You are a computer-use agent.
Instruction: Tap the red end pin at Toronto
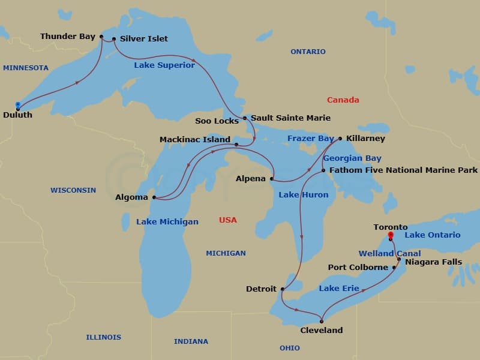391,236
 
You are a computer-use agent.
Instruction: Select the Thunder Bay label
68,37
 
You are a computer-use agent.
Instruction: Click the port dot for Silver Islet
114,38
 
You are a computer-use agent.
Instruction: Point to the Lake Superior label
164,65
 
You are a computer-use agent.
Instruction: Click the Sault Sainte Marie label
290,118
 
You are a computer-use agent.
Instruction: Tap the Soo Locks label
217,121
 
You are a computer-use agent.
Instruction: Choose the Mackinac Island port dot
236,145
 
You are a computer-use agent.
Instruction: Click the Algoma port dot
154,197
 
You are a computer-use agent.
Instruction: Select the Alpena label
251,179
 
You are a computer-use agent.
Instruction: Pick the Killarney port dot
340,139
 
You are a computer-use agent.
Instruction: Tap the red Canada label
343,100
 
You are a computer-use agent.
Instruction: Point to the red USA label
227,220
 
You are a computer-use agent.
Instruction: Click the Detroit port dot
282,289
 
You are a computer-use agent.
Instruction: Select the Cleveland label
322,330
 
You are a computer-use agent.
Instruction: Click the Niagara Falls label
433,262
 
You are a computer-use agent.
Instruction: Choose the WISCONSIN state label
73,190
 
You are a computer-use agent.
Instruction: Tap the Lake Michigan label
167,221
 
